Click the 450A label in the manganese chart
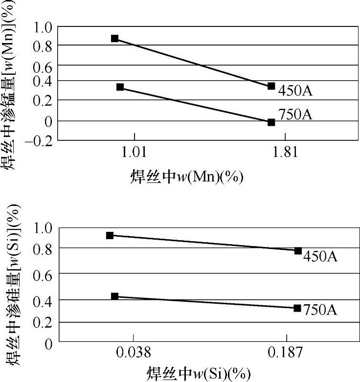(x=295, y=91)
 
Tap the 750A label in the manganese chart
(x=295, y=114)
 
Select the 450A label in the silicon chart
(x=320, y=256)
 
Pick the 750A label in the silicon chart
(x=320, y=310)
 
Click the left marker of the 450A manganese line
(x=115, y=38)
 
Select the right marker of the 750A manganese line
(x=271, y=122)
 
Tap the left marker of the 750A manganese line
(x=120, y=87)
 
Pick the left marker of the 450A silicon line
(x=110, y=235)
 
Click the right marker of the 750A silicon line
(x=297, y=308)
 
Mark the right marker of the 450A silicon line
(x=298, y=250)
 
